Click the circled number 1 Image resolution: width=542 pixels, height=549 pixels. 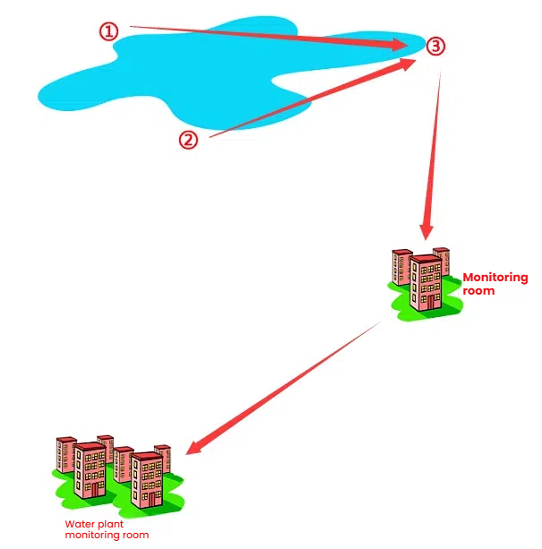coord(108,31)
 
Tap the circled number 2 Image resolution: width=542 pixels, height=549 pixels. coord(188,139)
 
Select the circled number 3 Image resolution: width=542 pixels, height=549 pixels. coord(434,47)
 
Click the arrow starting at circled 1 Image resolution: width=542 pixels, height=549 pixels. coord(269,36)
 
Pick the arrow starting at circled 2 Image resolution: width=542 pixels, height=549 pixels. coord(314,99)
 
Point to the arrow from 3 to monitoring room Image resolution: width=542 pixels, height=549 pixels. coord(432,152)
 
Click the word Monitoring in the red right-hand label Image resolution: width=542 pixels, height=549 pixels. coord(495,279)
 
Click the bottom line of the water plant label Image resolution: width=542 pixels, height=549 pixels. coord(107,536)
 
